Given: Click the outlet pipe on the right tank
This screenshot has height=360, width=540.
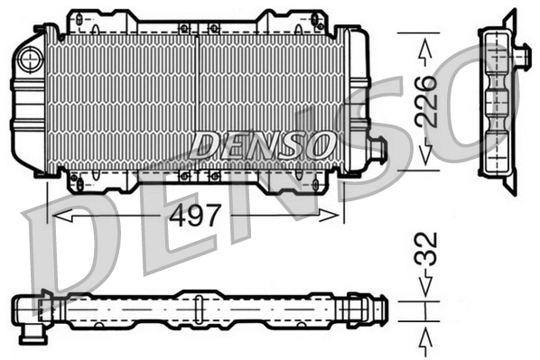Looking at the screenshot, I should (377, 150).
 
